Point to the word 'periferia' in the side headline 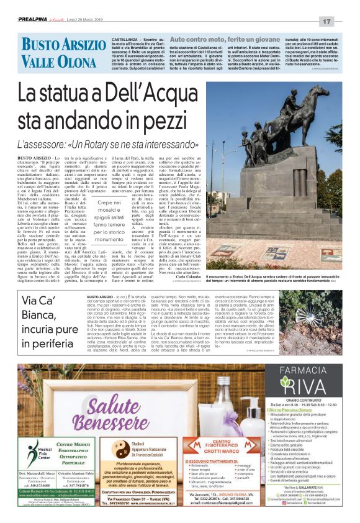click(x=44, y=343)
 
